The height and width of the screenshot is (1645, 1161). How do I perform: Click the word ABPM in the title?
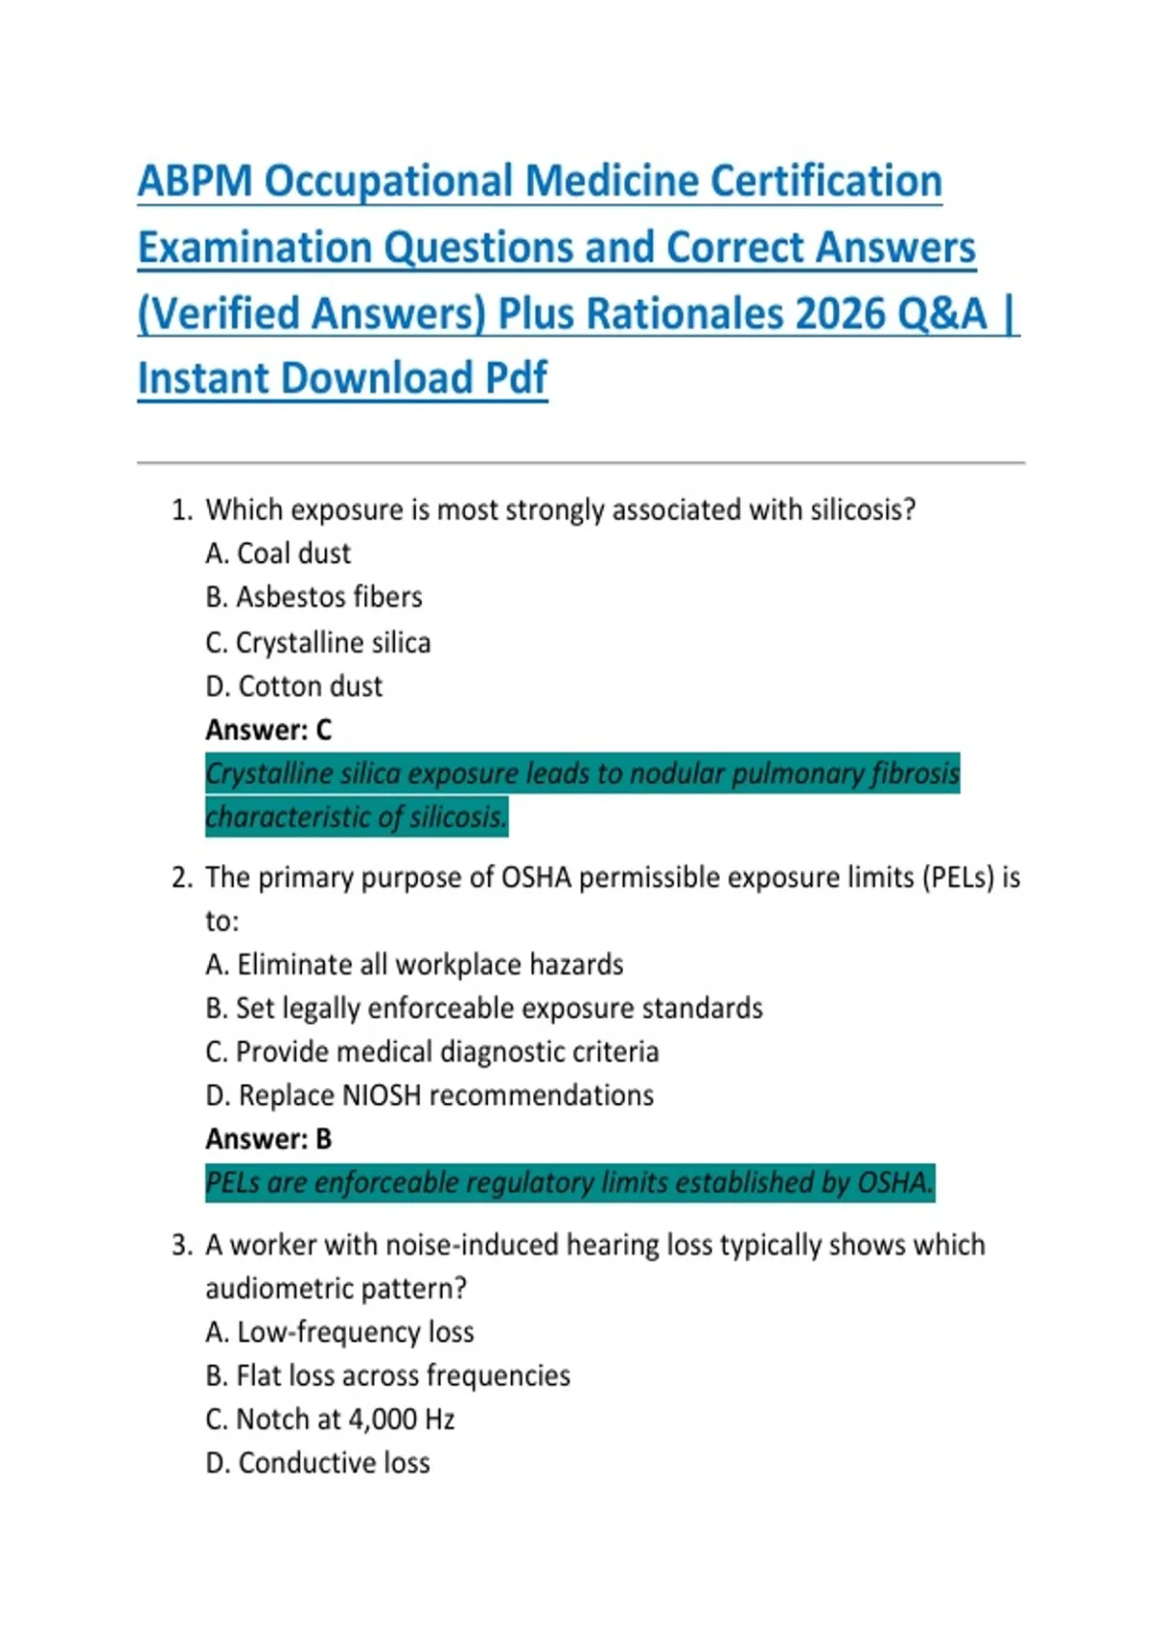point(194,181)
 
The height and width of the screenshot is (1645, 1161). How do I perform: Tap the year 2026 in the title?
point(840,314)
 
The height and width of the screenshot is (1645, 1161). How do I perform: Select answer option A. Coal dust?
point(278,553)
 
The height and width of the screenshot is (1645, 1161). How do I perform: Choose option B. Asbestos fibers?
point(313,597)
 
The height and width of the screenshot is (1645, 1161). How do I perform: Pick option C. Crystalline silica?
point(317,643)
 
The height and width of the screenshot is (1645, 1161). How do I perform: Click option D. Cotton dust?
point(293,686)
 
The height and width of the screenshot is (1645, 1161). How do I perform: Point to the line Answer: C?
point(268,730)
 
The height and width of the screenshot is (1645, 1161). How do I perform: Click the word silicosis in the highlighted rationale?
point(457,818)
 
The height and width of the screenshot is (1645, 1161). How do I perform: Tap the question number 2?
point(181,878)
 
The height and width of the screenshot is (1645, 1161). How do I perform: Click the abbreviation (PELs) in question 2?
point(958,878)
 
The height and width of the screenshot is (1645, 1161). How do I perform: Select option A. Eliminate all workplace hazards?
point(414,965)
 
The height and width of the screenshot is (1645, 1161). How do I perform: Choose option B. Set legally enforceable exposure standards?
point(484,1008)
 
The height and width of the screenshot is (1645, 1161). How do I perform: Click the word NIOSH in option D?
point(381,1095)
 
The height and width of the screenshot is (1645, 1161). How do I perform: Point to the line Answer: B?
point(268,1139)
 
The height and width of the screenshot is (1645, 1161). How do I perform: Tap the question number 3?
point(181,1244)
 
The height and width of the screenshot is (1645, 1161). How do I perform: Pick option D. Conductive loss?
point(317,1463)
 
